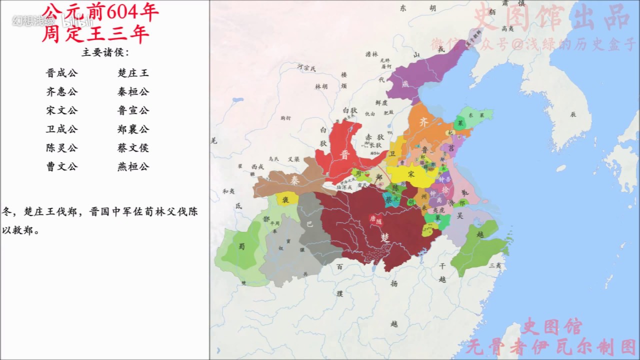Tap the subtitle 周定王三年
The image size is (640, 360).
coord(95,34)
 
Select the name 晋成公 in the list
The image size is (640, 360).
coord(62,73)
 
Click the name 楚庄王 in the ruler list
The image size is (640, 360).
coord(133,73)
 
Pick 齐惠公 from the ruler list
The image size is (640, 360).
coord(62,92)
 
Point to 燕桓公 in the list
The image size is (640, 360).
coord(133,166)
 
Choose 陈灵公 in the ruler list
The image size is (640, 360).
coord(62,148)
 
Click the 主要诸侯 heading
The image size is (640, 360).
coord(105,53)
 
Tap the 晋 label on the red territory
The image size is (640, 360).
coord(345,155)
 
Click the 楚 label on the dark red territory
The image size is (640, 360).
coord(385,236)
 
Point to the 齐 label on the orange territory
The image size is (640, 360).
coord(423,122)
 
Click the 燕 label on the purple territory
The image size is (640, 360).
coord(405,84)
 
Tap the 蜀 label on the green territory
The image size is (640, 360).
coord(241,247)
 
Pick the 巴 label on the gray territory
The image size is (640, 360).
coord(309,224)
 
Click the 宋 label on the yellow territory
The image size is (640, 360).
coord(411,174)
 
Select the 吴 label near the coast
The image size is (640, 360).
coord(460,215)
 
